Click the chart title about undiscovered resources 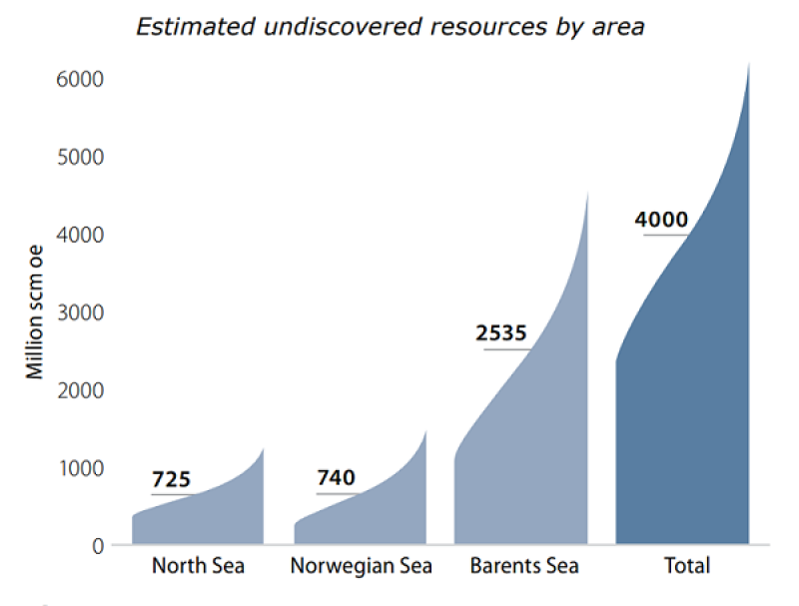(x=390, y=27)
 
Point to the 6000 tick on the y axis (x=79, y=79)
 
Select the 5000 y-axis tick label (x=79, y=157)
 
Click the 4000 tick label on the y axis (x=79, y=235)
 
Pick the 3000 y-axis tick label (x=79, y=312)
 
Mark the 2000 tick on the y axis (x=79, y=390)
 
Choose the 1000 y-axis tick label (x=79, y=468)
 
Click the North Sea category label (x=198, y=566)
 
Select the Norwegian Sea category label (x=361, y=566)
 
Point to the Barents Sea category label (x=524, y=566)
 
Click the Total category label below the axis (x=686, y=566)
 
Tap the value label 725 (x=171, y=480)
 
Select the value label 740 (x=336, y=478)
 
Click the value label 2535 (x=500, y=333)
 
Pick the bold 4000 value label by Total (x=661, y=219)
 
